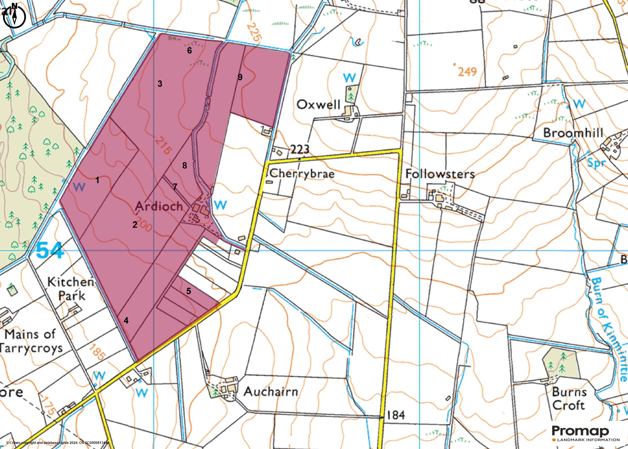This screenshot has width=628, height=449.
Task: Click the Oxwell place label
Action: tap(319, 105)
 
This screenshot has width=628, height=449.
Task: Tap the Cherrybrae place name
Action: tap(302, 173)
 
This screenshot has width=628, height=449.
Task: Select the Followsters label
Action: tap(440, 174)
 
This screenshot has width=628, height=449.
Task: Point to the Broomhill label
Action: tap(573, 133)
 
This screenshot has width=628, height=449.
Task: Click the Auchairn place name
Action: tap(271, 392)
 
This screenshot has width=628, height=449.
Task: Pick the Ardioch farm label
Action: tap(159, 206)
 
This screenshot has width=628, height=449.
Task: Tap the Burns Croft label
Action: tap(569, 399)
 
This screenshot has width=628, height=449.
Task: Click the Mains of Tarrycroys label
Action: tap(30, 341)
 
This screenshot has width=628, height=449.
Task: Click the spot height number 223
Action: tap(300, 149)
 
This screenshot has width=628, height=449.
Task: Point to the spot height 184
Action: tap(395, 415)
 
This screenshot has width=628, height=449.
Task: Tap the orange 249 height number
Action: tap(467, 72)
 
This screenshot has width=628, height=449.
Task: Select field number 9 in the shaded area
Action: tap(240, 77)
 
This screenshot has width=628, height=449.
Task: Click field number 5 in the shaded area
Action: tap(189, 291)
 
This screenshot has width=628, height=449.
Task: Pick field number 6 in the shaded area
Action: tap(190, 50)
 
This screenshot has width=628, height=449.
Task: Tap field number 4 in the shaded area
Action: tap(126, 320)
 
